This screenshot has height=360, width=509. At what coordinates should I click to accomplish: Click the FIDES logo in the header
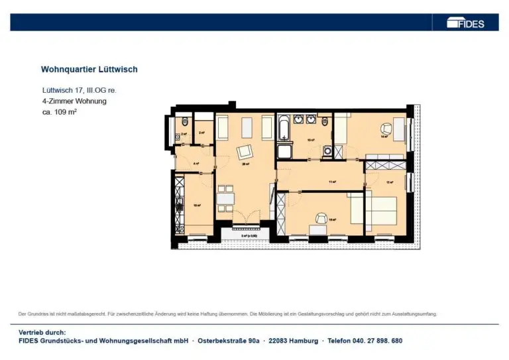point(465,23)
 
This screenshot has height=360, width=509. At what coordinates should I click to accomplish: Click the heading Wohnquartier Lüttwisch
point(89,69)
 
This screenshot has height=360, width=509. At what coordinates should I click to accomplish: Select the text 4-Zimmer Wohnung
point(74,101)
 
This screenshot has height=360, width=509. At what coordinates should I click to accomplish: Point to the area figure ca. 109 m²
point(60,112)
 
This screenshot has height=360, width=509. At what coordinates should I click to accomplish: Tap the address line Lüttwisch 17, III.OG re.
point(79,90)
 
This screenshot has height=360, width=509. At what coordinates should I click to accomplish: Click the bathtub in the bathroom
point(285,127)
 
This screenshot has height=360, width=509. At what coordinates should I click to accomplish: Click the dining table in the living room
point(225,199)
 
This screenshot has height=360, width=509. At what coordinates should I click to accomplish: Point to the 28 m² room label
point(245,164)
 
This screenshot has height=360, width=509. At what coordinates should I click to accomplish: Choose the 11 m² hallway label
point(333,181)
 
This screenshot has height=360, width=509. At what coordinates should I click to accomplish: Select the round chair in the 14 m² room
point(385,129)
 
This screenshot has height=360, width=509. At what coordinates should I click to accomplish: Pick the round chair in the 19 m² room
point(321,219)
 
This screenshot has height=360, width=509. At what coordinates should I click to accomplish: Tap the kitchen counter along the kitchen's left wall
point(178,202)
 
